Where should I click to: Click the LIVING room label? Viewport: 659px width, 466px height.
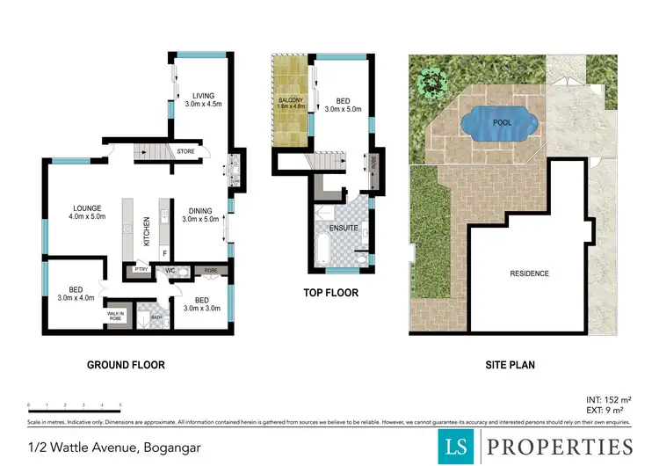click(x=200, y=96)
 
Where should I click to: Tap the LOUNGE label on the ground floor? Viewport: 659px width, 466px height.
click(x=88, y=208)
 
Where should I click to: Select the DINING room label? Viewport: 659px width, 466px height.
click(x=200, y=209)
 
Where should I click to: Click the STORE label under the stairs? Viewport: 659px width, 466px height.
click(x=185, y=151)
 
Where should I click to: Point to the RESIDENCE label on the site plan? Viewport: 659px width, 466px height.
click(x=529, y=273)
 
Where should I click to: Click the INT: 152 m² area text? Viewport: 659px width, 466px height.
click(x=606, y=398)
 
